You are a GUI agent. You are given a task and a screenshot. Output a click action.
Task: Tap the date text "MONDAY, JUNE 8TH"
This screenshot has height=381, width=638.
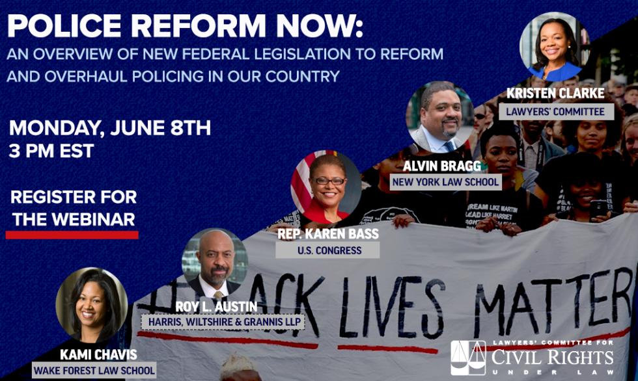point(109,127)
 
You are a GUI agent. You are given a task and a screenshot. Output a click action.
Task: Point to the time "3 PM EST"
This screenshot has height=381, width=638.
point(51,152)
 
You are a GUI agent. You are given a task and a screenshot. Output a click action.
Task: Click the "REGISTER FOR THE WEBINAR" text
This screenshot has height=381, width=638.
point(74,208)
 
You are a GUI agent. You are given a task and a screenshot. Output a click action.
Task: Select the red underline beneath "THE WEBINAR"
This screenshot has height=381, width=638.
point(72,234)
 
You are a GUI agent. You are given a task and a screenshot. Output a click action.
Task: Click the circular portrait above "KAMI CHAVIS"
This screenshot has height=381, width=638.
point(91,305)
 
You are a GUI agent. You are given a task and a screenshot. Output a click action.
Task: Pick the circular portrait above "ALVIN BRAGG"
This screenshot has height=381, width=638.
point(441,117)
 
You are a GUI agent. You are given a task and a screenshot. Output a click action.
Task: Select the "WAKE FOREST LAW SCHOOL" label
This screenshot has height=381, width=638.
point(94,371)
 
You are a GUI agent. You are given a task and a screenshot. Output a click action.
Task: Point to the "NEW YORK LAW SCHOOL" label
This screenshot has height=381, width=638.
point(446,182)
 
